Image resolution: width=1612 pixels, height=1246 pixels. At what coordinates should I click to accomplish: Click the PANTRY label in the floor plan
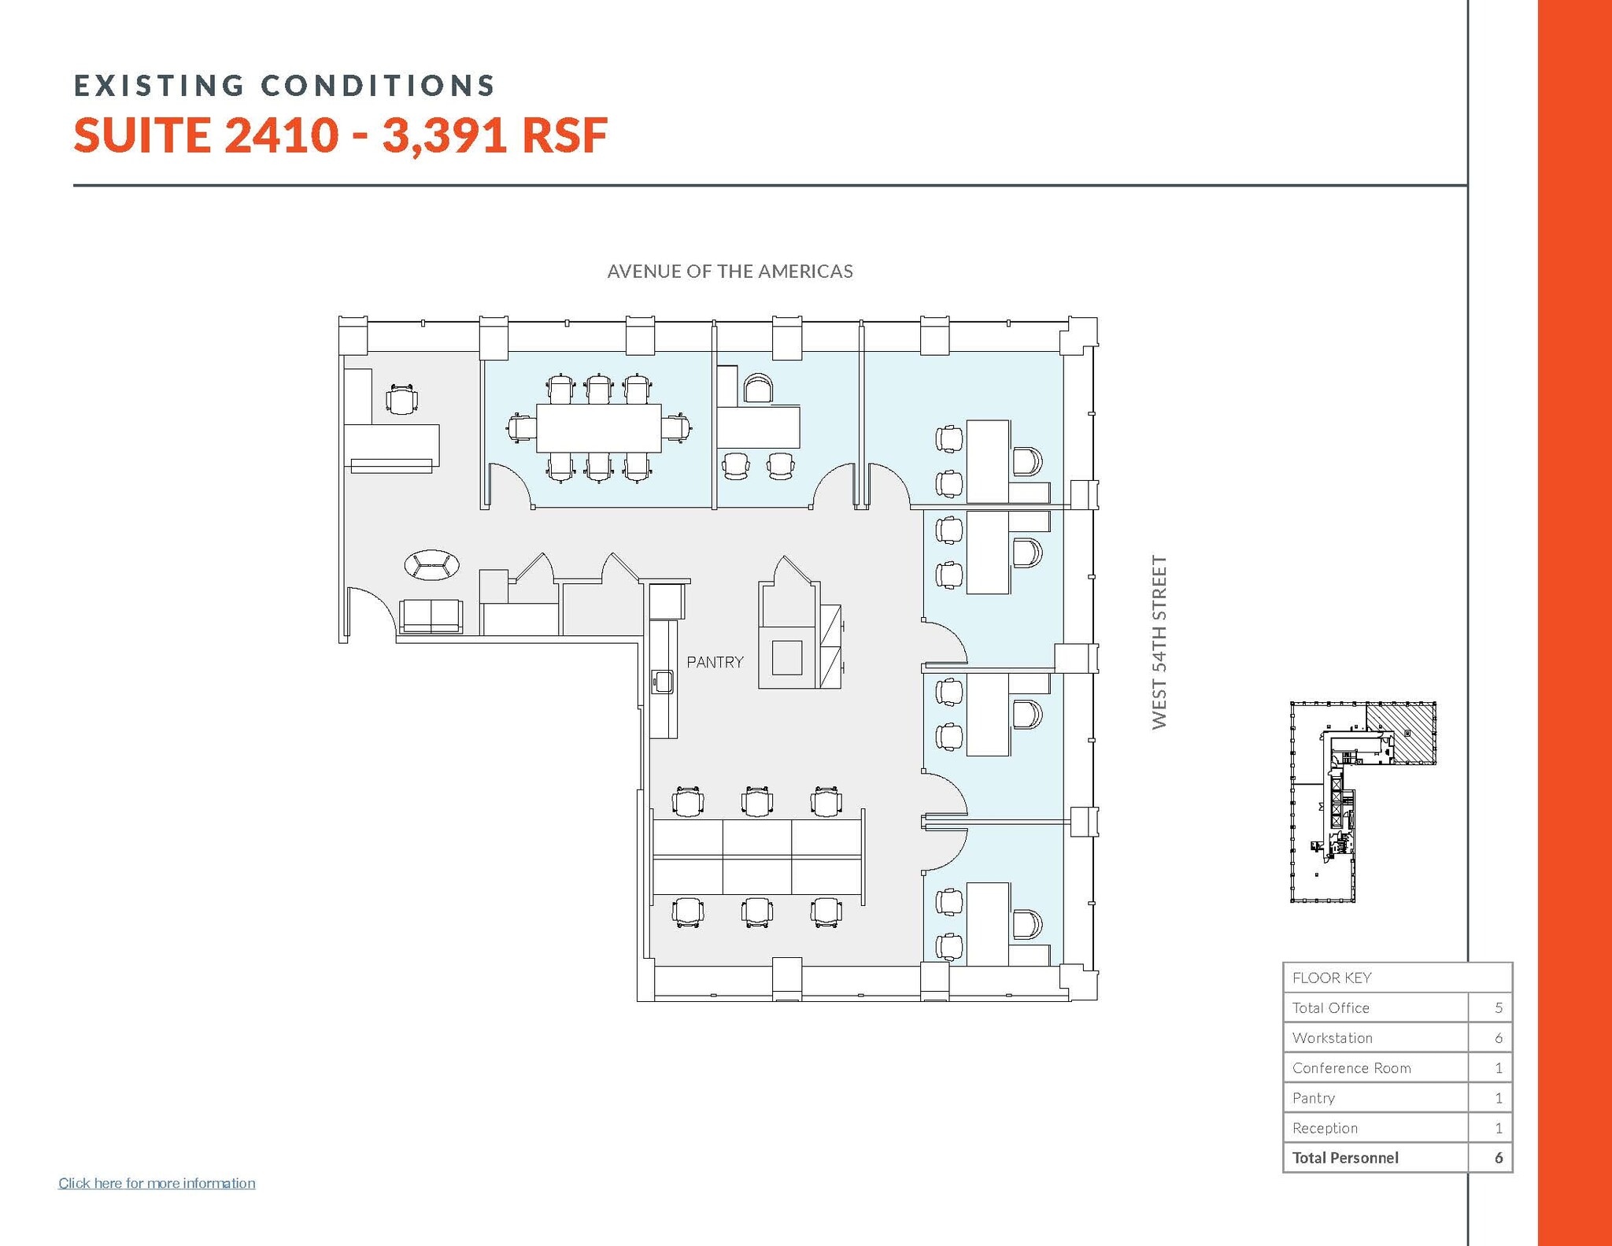[715, 662]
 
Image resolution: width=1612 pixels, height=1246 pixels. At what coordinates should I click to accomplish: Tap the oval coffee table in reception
[431, 565]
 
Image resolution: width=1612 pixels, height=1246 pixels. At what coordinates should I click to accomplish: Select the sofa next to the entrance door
[431, 616]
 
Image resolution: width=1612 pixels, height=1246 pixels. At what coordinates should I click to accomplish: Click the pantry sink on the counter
[662, 682]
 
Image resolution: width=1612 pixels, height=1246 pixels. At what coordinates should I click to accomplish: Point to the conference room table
[598, 428]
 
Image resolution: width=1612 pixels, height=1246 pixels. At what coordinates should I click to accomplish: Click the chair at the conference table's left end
[521, 429]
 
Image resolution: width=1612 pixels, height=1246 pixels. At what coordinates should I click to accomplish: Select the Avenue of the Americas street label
[730, 272]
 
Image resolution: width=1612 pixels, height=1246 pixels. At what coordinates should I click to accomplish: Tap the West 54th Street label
[1159, 642]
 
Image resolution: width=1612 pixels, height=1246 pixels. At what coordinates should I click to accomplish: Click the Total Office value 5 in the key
[1498, 1008]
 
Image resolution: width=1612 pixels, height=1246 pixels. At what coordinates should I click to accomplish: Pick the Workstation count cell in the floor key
[1498, 1038]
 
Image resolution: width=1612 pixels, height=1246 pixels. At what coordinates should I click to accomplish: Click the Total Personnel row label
[1345, 1158]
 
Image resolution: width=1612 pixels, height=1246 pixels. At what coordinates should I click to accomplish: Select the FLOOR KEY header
[1332, 978]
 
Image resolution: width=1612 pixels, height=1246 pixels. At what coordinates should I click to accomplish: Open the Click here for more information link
[157, 1183]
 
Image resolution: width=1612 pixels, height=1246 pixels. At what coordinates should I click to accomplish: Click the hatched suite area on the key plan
[1400, 732]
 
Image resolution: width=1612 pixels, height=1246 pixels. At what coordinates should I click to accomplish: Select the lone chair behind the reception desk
[401, 400]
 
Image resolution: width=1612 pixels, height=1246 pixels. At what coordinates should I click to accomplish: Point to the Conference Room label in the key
[1351, 1068]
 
